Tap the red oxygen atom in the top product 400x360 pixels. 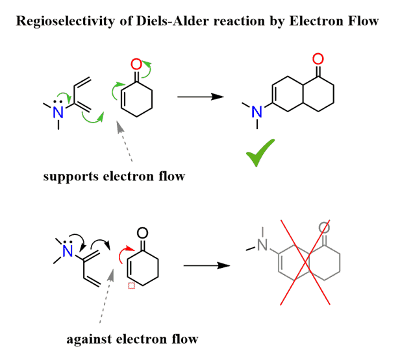[x=317, y=59]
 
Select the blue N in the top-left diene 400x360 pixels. [x=58, y=112]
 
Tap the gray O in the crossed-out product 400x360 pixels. [x=325, y=228]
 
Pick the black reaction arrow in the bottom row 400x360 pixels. [x=206, y=265]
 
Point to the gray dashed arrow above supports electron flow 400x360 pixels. [x=125, y=143]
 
